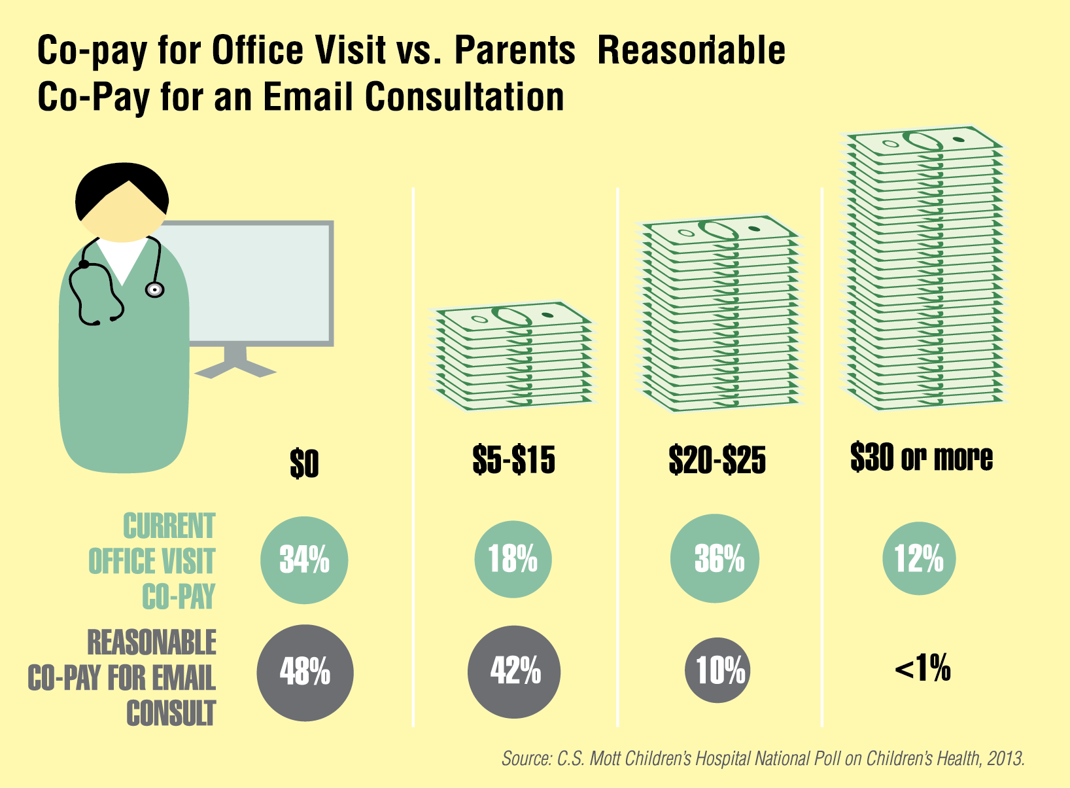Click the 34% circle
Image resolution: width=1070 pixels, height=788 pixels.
(x=304, y=560)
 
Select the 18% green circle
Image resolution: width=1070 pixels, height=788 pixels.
(x=513, y=559)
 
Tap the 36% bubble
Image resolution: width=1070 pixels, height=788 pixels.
(x=715, y=558)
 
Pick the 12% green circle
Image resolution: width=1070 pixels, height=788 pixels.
(x=919, y=558)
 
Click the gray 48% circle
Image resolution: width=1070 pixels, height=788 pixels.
(x=305, y=672)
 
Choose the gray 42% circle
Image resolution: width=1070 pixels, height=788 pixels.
(x=515, y=672)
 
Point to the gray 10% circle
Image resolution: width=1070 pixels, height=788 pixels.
(x=717, y=670)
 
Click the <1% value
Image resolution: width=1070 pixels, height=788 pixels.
(x=922, y=669)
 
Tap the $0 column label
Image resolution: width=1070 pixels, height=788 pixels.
(x=304, y=464)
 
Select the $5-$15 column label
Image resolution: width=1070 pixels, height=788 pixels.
(x=513, y=459)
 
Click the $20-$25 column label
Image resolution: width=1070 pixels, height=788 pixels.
(x=717, y=459)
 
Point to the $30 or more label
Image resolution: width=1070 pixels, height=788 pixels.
(x=921, y=457)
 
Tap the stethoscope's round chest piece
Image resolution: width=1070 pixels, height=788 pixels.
(x=154, y=289)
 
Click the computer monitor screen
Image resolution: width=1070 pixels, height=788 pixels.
(x=262, y=281)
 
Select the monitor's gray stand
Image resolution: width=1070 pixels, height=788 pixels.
(x=235, y=364)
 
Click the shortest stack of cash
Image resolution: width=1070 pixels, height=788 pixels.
(x=513, y=357)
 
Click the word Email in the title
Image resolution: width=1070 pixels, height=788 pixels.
(x=308, y=98)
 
